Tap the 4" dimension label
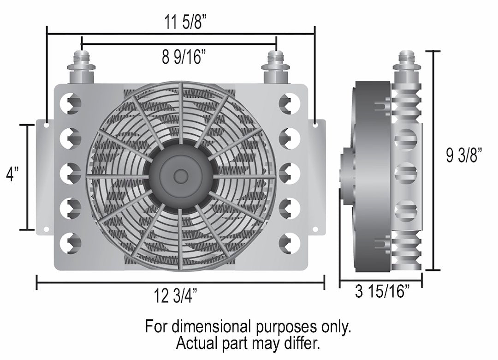click(12, 175)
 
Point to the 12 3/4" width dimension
click(179, 296)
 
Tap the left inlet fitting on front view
click(81, 65)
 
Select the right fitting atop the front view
click(276, 65)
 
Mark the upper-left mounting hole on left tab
click(47, 124)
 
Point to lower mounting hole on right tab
click(315, 229)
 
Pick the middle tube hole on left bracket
click(72, 173)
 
